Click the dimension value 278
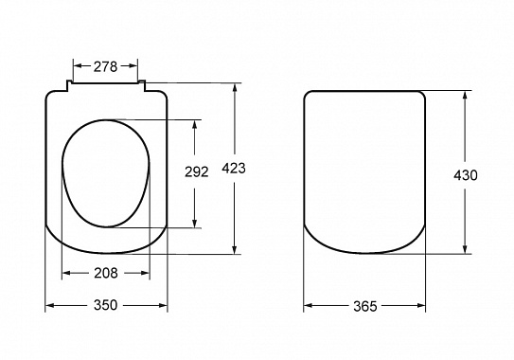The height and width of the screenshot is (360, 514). click(x=106, y=66)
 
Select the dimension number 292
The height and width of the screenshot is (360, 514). click(x=196, y=173)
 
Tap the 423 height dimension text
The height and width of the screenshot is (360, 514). click(x=234, y=168)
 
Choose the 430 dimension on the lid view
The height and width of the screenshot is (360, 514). click(x=466, y=174)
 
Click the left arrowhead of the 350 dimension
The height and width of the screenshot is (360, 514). click(x=49, y=305)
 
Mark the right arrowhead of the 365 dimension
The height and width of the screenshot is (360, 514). click(x=422, y=305)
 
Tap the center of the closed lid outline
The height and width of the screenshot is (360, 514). click(x=364, y=172)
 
